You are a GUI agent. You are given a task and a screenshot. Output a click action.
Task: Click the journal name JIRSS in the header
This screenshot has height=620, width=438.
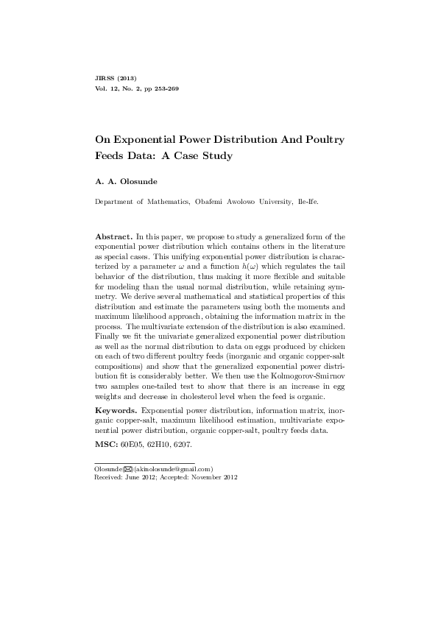[106, 78]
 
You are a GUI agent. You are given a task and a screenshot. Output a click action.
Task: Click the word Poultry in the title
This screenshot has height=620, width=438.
[322, 139]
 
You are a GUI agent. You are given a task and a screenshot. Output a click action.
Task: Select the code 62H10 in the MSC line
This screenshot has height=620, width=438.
[172, 445]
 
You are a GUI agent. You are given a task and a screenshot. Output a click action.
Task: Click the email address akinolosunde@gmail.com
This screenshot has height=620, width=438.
[174, 469]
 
